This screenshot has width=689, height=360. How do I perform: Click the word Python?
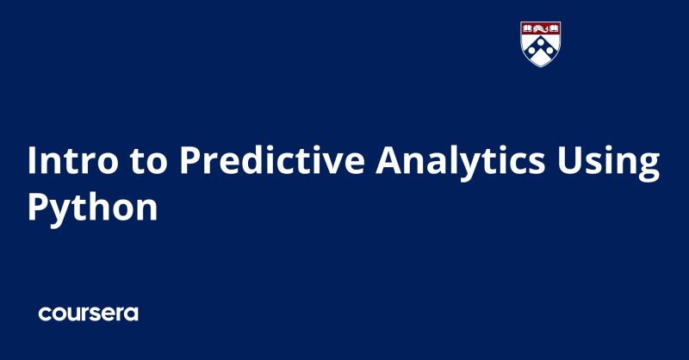tap(92, 208)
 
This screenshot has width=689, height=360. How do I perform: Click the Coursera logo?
tap(88, 313)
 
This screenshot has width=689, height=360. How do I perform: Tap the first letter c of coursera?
tap(45, 314)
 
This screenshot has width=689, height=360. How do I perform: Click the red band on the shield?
tap(541, 28)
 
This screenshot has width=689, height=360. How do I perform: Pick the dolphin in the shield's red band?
tap(541, 28)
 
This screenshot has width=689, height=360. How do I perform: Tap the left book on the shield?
tap(528, 28)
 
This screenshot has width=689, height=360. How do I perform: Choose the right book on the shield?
tap(554, 28)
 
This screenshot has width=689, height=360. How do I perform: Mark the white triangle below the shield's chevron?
tap(541, 59)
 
